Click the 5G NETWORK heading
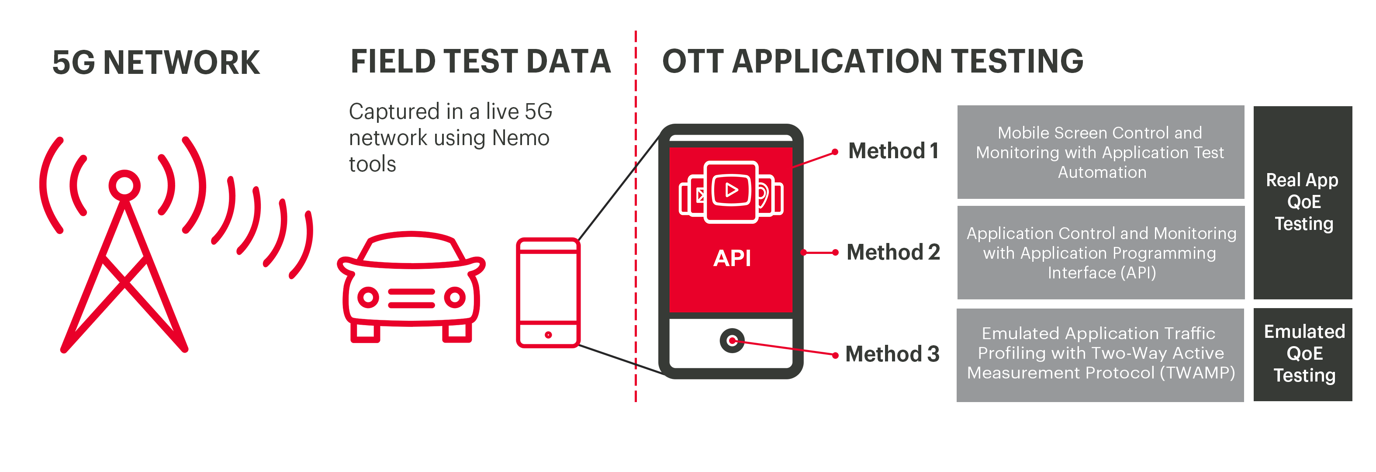[x=156, y=62]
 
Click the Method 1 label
[x=893, y=151]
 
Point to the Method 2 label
[x=893, y=252]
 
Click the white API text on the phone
[x=732, y=258]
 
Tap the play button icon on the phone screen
[x=731, y=190]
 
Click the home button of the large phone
[x=732, y=340]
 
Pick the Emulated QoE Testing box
[x=1303, y=354]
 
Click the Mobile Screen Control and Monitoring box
[x=1100, y=153]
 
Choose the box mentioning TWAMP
[x=1100, y=355]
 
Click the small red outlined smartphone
[x=548, y=293]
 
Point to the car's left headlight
[x=368, y=297]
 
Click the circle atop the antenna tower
[x=124, y=185]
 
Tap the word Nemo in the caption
[x=521, y=138]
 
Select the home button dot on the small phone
[x=548, y=335]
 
